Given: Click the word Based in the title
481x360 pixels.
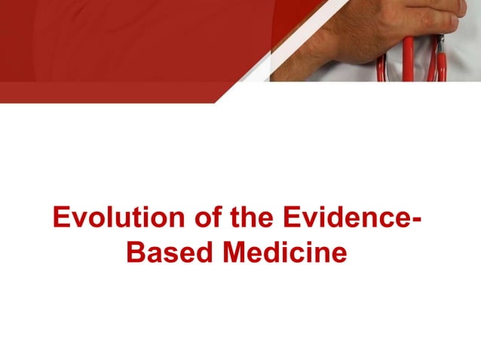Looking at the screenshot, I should pyautogui.click(x=164, y=253).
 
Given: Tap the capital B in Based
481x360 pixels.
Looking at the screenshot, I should pyautogui.click(x=136, y=253).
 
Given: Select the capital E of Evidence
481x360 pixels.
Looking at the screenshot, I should pyautogui.click(x=291, y=219).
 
